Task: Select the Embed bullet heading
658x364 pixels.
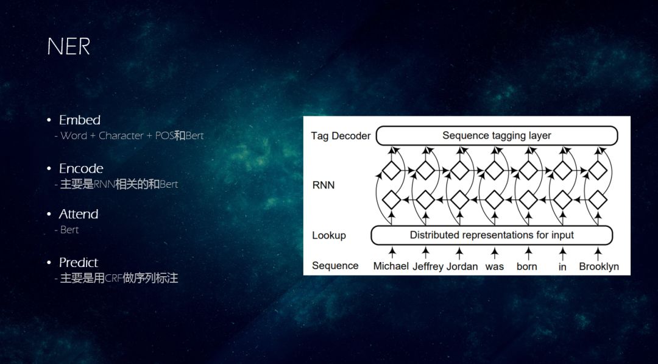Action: click(79, 120)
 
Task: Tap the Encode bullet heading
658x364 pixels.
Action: click(81, 168)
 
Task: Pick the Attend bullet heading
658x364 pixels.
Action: click(78, 214)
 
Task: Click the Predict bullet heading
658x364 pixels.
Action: click(78, 262)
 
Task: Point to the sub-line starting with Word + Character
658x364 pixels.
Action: click(132, 135)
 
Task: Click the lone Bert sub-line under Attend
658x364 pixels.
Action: click(69, 230)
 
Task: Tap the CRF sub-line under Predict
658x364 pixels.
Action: click(119, 278)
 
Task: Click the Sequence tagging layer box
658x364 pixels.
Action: click(497, 135)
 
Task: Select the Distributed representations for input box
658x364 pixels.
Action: click(492, 235)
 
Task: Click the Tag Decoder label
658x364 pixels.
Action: click(341, 136)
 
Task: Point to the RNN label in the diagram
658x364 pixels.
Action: click(323, 185)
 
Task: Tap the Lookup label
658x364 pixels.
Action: click(329, 235)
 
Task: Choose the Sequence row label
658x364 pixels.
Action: click(335, 266)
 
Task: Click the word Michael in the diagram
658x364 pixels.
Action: click(391, 266)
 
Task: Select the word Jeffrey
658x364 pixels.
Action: click(428, 266)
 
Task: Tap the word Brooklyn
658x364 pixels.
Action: click(599, 266)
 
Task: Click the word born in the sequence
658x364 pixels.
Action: click(526, 266)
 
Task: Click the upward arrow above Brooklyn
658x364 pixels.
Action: click(599, 251)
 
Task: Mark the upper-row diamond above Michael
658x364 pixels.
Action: click(391, 170)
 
